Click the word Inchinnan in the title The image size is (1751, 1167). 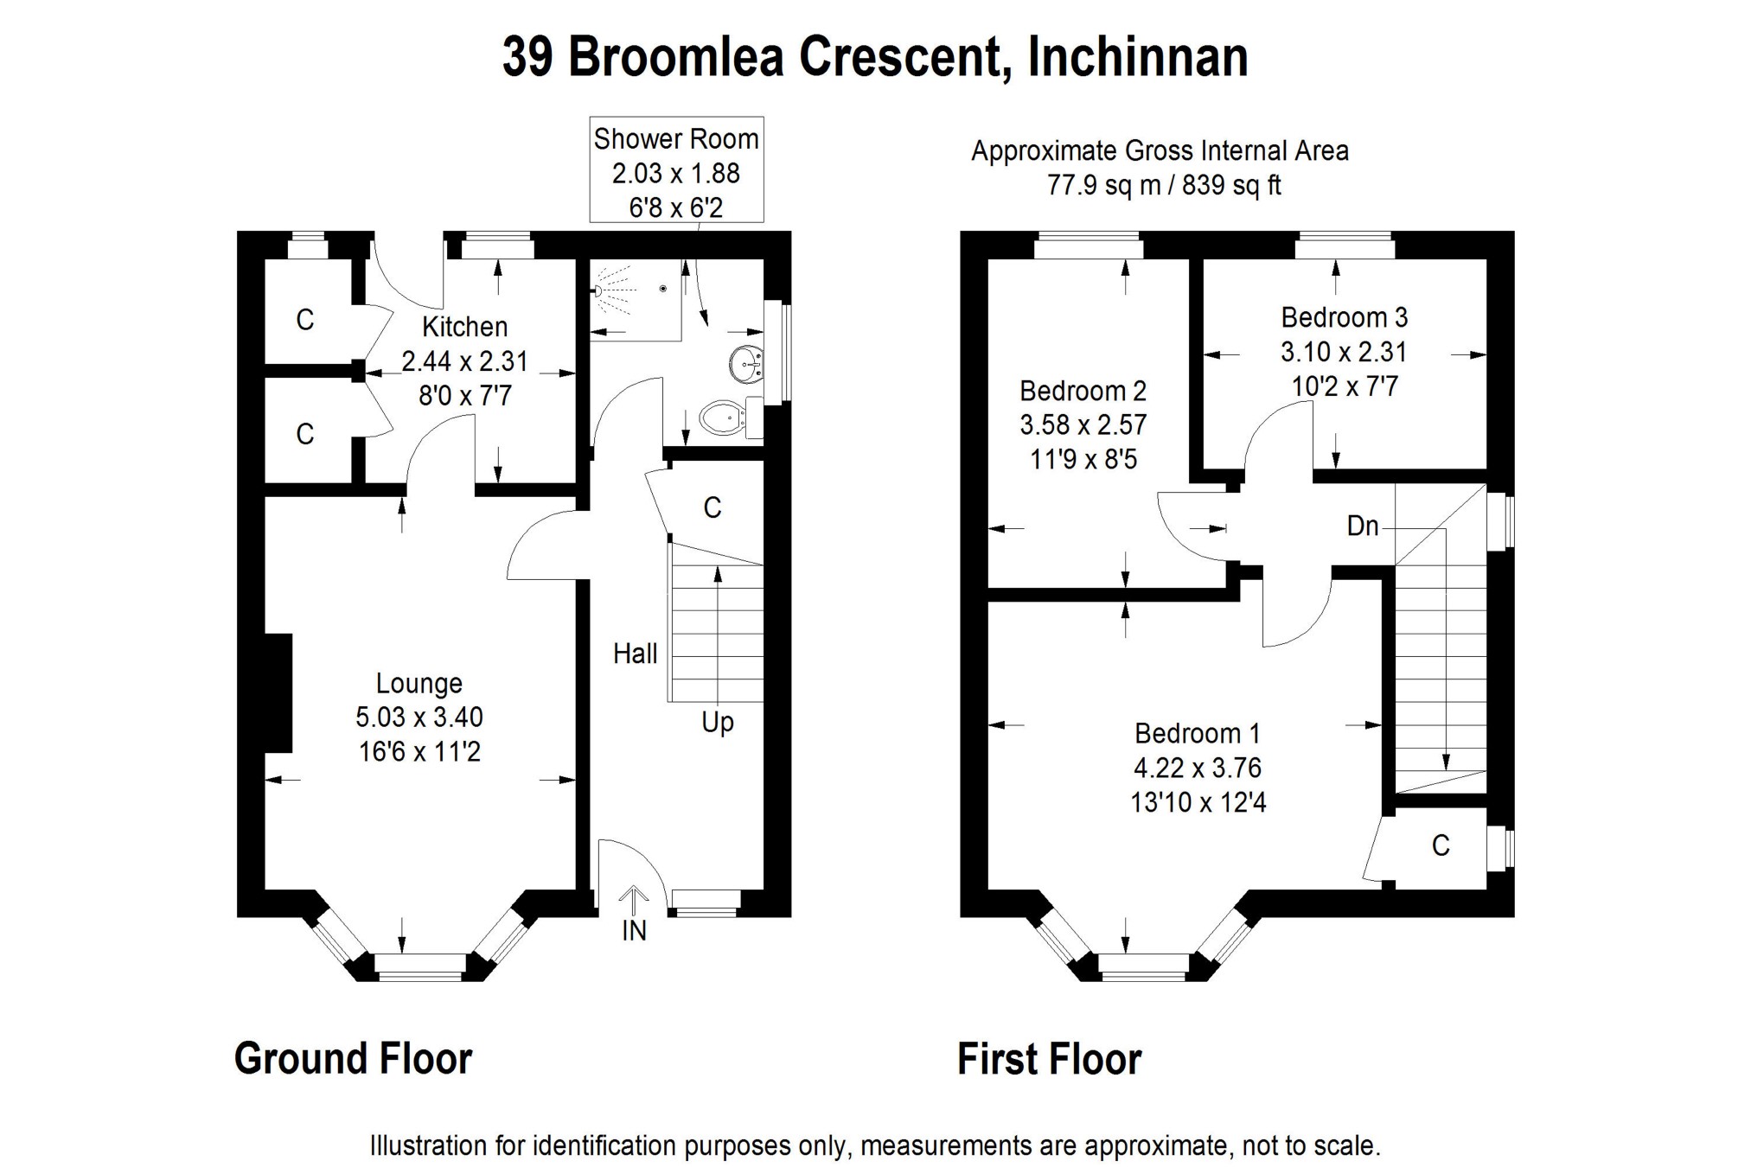click(1138, 58)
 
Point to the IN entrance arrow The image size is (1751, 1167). click(634, 902)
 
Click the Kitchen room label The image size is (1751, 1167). click(464, 327)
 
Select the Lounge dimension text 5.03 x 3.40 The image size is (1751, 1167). click(419, 717)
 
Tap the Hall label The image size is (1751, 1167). click(636, 654)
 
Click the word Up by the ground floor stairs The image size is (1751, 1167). click(718, 723)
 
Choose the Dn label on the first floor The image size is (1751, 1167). click(1363, 526)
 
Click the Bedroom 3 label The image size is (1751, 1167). click(1345, 317)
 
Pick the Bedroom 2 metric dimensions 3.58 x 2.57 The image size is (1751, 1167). click(1083, 425)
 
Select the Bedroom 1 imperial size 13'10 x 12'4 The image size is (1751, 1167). click(1198, 803)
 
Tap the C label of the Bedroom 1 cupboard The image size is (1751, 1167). click(1441, 845)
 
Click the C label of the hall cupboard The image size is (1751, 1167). click(713, 507)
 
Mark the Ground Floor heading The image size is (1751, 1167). click(354, 1059)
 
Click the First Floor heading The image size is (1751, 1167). click(1050, 1059)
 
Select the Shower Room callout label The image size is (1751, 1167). click(676, 138)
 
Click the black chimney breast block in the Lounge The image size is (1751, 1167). click(278, 693)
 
